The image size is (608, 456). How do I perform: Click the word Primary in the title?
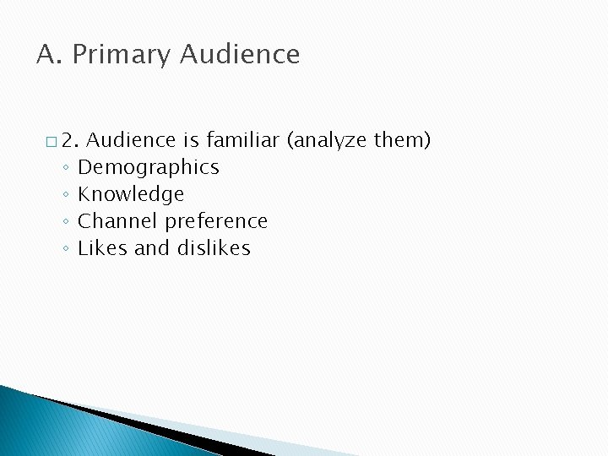click(x=122, y=55)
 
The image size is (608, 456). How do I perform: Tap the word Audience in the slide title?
click(x=240, y=55)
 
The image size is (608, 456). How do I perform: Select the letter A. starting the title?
click(x=49, y=55)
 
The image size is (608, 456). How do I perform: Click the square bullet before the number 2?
click(x=52, y=141)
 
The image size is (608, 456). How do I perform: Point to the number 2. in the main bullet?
click(x=70, y=140)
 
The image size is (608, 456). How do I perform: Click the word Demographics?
click(x=149, y=167)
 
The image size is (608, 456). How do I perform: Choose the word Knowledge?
click(x=131, y=194)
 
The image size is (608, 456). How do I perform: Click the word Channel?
click(x=117, y=221)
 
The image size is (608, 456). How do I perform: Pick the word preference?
click(x=216, y=221)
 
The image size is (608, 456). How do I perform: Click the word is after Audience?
click(x=190, y=140)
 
